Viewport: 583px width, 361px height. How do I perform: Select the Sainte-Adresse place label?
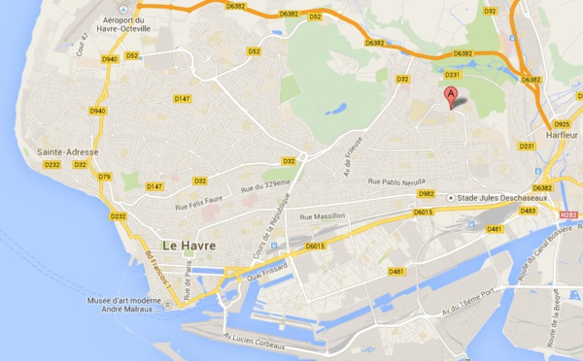click(67, 152)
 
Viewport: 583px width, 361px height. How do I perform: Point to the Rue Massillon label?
click(325, 215)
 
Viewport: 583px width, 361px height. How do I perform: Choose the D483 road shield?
click(528, 211)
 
